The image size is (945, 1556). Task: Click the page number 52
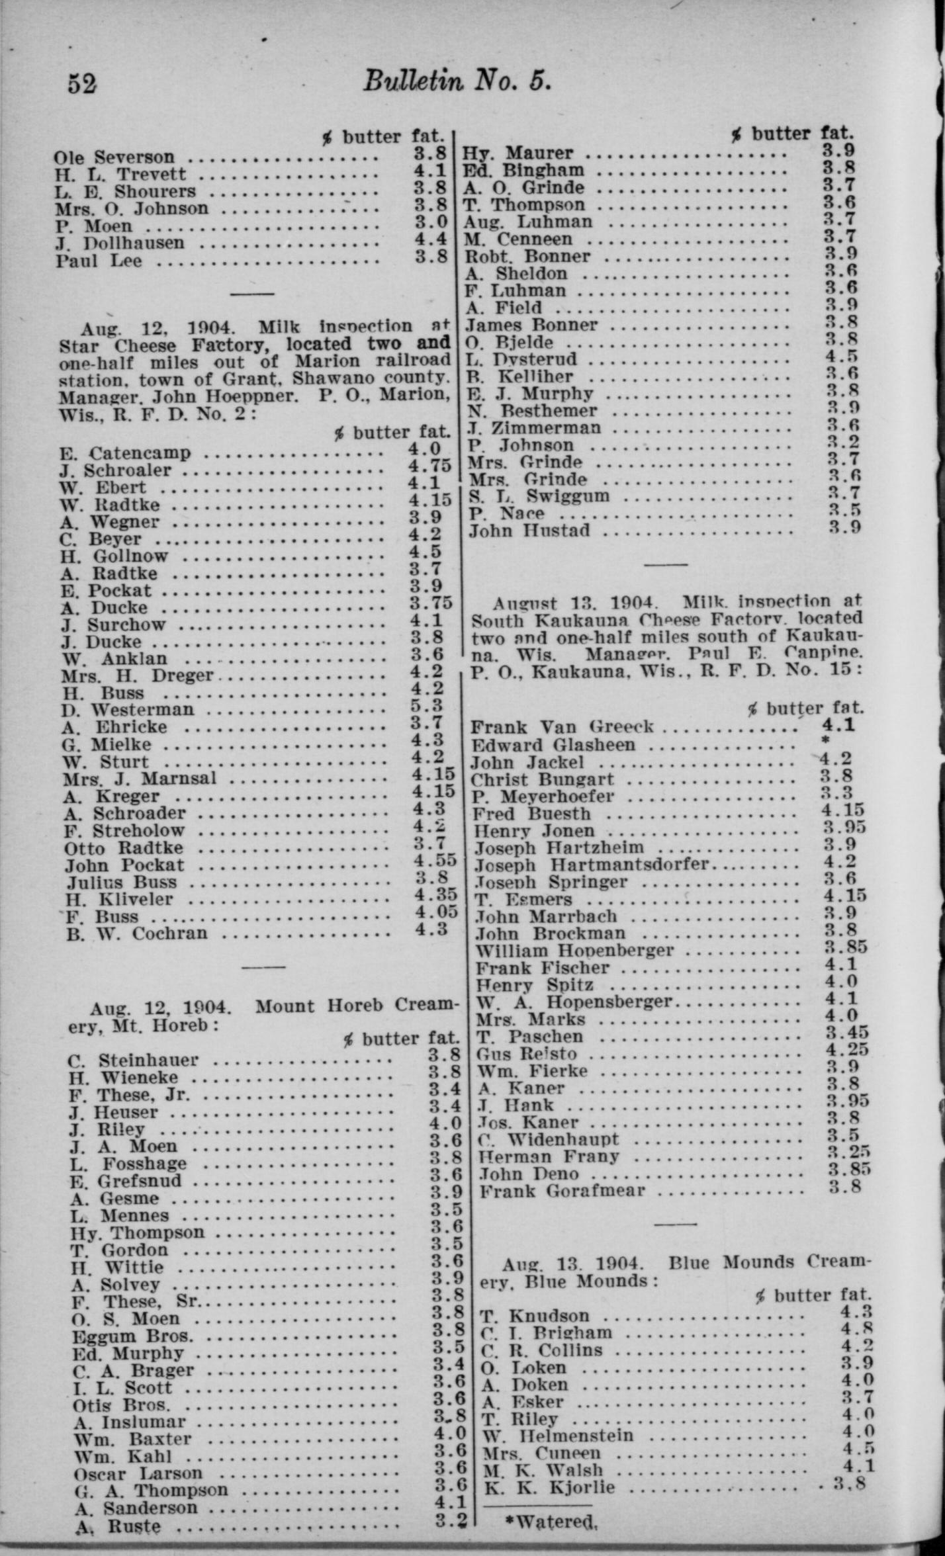[82, 84]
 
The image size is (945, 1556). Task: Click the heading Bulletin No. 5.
[457, 82]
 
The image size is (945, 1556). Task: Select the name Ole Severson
[114, 157]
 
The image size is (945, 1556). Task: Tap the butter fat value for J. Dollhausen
[431, 239]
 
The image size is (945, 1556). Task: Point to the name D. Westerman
[128, 710]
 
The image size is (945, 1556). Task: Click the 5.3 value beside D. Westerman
[426, 706]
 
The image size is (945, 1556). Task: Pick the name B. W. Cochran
[136, 933]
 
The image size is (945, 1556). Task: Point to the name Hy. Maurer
[517, 153]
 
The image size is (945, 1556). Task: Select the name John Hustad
[529, 531]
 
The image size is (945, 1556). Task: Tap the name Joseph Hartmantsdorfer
[591, 865]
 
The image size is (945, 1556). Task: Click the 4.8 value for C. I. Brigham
[857, 1328]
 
